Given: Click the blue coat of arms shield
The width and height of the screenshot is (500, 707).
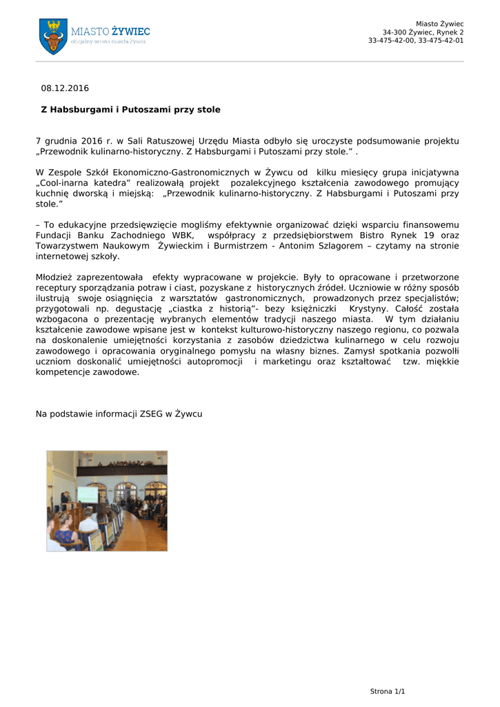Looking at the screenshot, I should click(x=53, y=37).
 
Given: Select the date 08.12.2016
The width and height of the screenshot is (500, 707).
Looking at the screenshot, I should click(x=65, y=88).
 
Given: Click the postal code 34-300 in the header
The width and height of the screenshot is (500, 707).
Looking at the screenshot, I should click(x=394, y=32).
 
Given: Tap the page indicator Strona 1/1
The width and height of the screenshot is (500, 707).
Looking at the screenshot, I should click(x=388, y=691).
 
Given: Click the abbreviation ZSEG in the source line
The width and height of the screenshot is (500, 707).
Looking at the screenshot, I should click(x=150, y=414).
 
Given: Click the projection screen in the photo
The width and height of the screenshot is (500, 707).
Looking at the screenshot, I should click(x=87, y=494).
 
